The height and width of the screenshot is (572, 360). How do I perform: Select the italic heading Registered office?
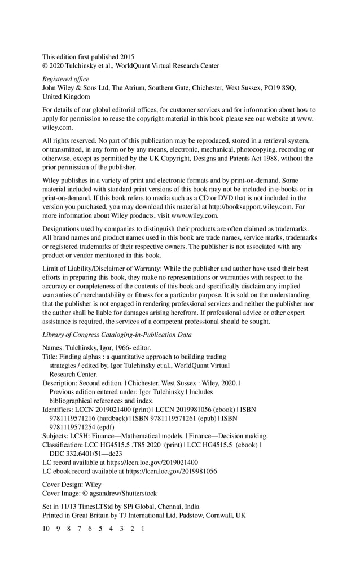tap(66, 79)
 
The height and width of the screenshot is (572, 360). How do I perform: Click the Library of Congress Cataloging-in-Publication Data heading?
tap(117, 335)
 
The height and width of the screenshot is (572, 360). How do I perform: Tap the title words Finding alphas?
tap(81, 357)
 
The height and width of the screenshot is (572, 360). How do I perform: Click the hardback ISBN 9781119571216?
tap(71, 418)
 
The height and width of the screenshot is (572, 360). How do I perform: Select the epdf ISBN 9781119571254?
tap(71, 427)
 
